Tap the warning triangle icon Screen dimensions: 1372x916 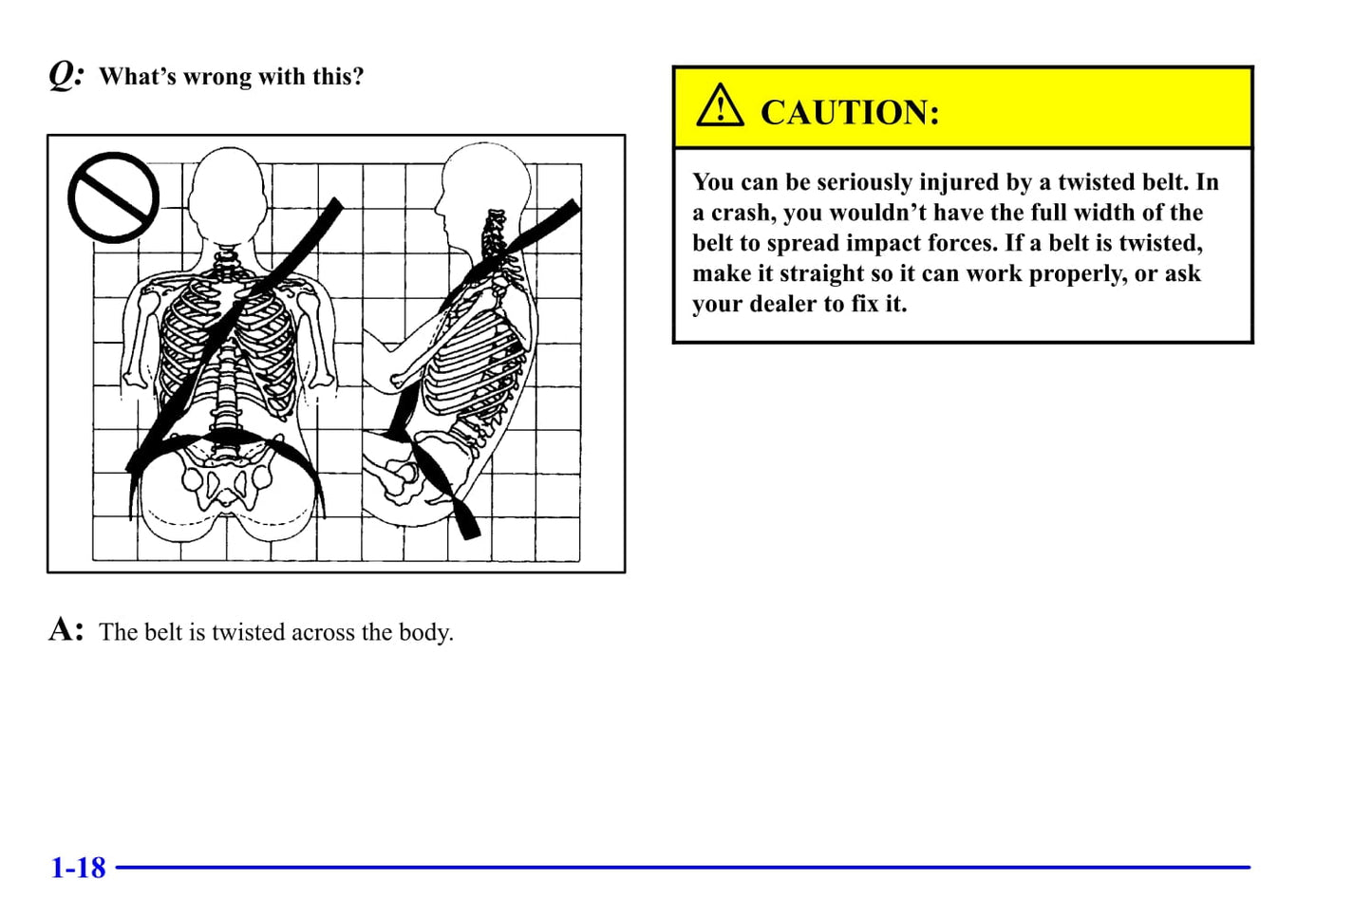point(721,105)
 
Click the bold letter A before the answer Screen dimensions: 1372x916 point(66,629)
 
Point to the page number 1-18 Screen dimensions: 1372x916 point(78,867)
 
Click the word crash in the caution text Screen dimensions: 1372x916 point(742,213)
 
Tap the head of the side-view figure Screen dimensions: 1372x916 point(484,190)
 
